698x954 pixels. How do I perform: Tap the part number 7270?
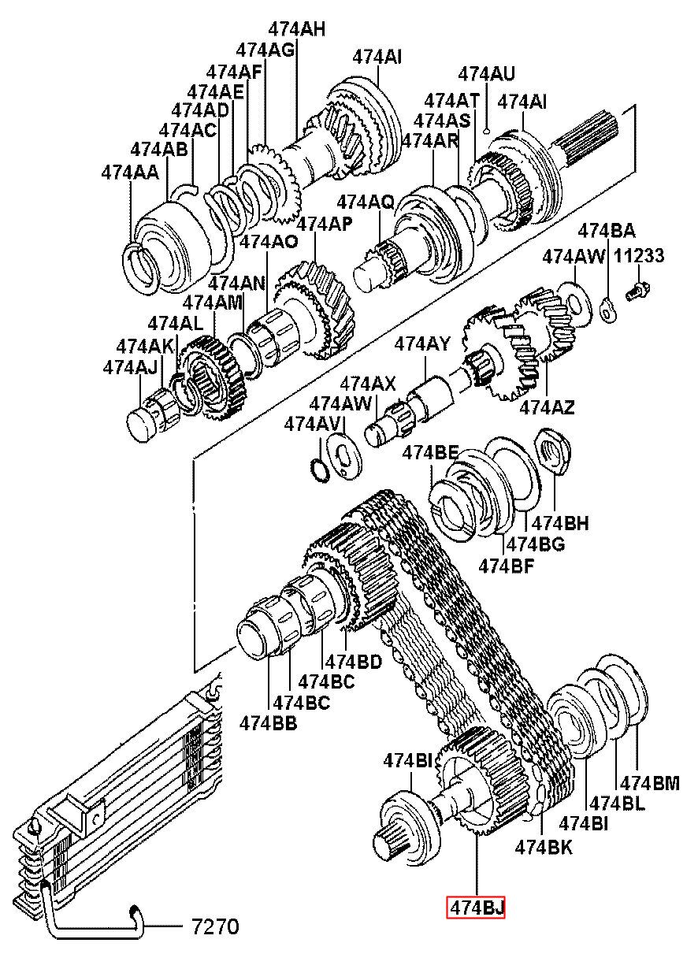[210, 924]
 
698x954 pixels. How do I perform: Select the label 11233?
[638, 256]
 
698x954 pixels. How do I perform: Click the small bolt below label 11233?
[637, 291]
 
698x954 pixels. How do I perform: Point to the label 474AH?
[297, 29]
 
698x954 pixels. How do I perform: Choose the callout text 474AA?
[130, 173]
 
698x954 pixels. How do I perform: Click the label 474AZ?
[547, 407]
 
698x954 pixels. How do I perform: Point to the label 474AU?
[487, 74]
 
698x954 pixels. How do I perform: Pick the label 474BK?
[544, 848]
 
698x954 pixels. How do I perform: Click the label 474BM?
[650, 783]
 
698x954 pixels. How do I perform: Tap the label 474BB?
[268, 724]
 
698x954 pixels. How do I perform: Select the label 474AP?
[325, 224]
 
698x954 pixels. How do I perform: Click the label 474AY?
[422, 344]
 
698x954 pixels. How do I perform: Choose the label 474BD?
[354, 662]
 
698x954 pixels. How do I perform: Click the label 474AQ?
[366, 202]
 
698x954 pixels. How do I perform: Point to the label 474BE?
[431, 452]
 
